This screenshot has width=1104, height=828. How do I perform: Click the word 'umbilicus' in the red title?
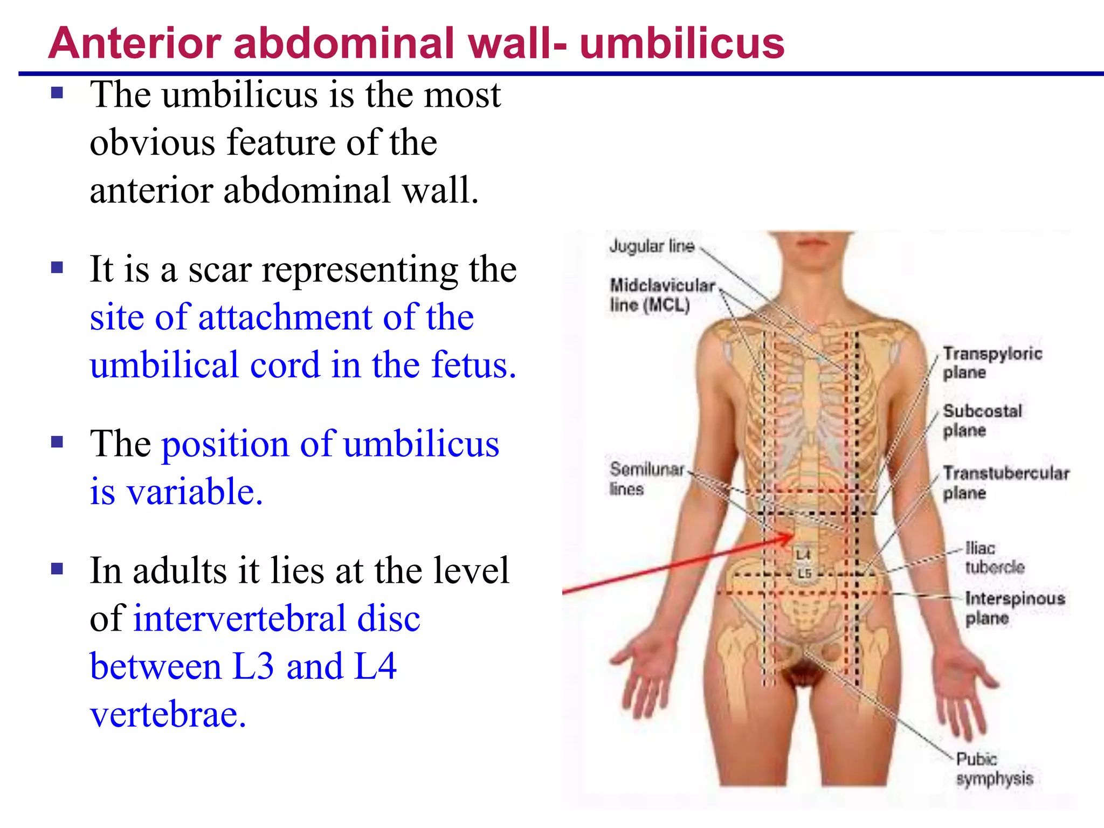tap(681, 43)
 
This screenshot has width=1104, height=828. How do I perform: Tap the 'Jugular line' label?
tap(652, 246)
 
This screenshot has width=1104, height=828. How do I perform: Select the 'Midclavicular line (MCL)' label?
tap(662, 295)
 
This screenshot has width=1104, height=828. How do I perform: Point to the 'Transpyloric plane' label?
tap(992, 363)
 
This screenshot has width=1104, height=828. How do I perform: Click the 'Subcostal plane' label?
tap(982, 420)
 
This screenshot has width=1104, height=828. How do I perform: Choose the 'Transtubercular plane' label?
tap(1006, 482)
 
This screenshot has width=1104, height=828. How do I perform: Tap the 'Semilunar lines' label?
tap(646, 479)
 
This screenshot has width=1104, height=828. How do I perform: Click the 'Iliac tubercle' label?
tap(993, 557)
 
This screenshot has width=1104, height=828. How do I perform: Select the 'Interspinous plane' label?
tap(1015, 608)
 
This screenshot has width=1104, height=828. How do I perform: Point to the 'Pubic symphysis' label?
tap(994, 769)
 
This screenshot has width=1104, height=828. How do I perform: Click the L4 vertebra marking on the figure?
tap(803, 554)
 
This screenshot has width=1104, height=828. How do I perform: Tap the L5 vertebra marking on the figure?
tap(804, 573)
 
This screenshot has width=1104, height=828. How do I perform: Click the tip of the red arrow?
tap(793, 535)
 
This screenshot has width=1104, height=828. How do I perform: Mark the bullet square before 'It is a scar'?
tap(57, 267)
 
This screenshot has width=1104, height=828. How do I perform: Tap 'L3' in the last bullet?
tap(253, 666)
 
